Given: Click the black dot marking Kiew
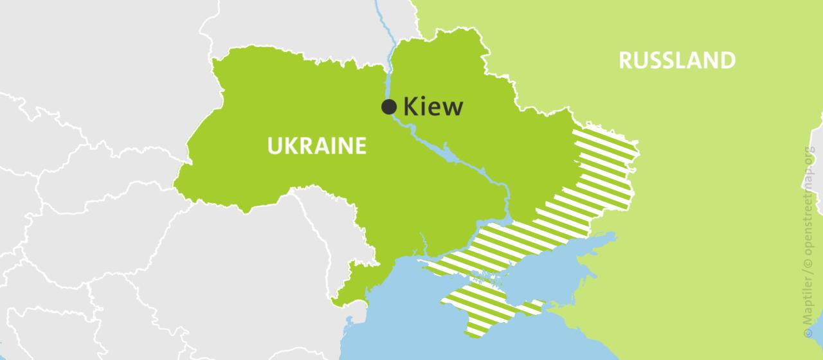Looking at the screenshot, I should (x=389, y=107).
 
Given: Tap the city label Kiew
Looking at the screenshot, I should (x=433, y=107).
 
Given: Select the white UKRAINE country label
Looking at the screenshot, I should (x=317, y=146).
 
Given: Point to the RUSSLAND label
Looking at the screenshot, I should (x=677, y=60).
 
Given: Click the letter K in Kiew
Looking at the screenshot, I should (x=410, y=107).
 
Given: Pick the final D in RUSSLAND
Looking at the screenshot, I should (x=727, y=60).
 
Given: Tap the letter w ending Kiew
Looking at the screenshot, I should (x=451, y=107).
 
